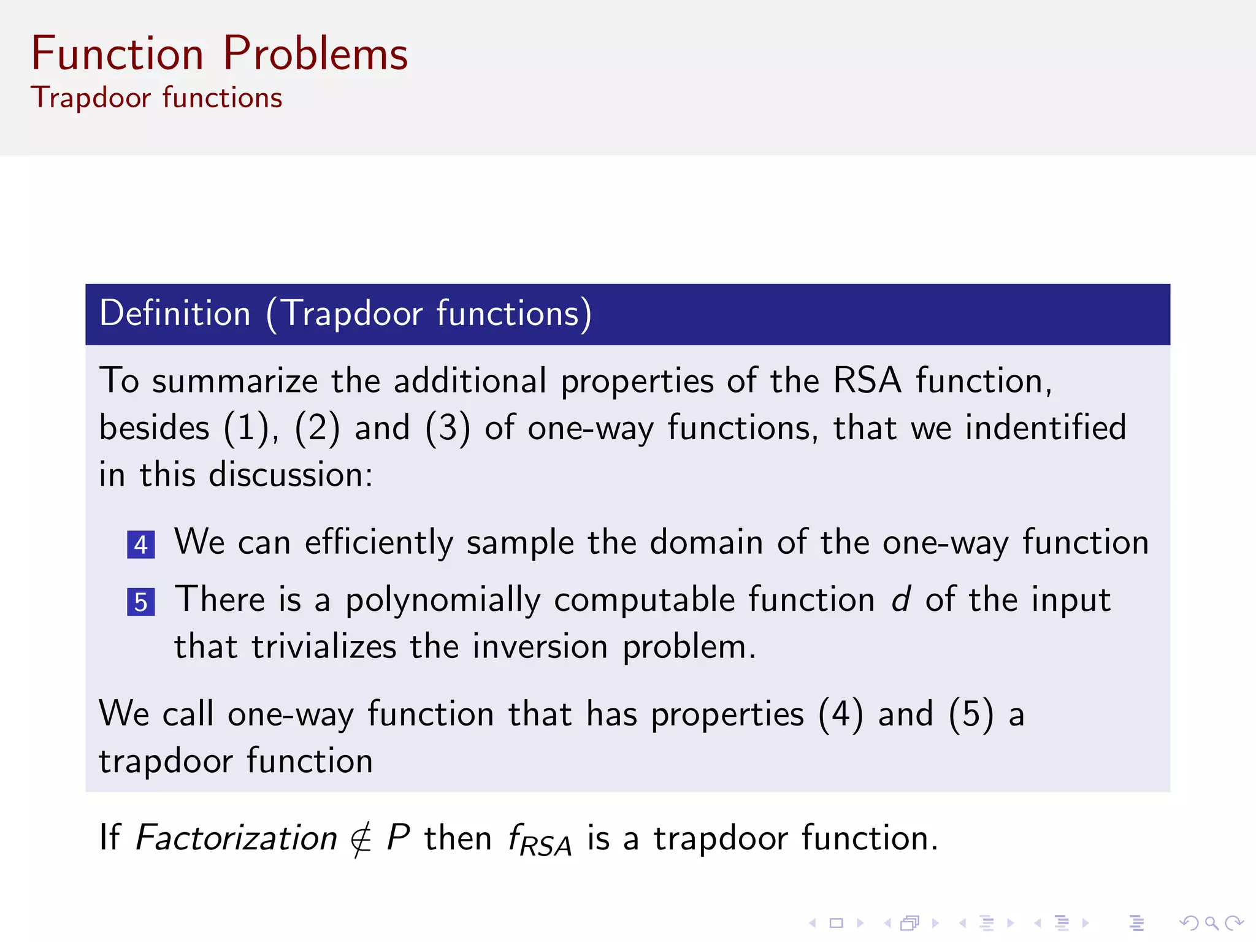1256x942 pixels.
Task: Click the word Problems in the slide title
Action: point(315,54)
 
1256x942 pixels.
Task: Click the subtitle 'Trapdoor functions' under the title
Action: point(156,98)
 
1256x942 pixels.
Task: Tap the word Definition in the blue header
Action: point(175,313)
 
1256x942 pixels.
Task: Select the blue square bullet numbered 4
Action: point(140,545)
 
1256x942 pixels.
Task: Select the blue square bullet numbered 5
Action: point(140,602)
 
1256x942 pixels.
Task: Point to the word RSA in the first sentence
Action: point(867,380)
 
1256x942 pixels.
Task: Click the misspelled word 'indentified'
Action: point(1045,427)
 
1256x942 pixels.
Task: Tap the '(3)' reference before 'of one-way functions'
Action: point(448,427)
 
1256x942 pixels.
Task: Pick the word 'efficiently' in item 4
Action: point(378,543)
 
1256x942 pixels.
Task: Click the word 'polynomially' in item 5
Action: point(442,600)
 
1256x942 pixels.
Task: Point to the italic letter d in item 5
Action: point(900,599)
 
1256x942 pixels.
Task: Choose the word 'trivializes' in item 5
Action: point(324,646)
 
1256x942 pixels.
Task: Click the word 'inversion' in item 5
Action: point(540,646)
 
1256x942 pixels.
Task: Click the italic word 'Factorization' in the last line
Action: point(236,838)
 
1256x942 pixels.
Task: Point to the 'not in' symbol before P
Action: point(361,839)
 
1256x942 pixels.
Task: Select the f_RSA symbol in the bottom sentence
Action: point(539,840)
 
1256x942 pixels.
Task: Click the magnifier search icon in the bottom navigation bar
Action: point(1211,923)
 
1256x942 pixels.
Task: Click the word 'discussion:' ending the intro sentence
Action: point(291,475)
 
